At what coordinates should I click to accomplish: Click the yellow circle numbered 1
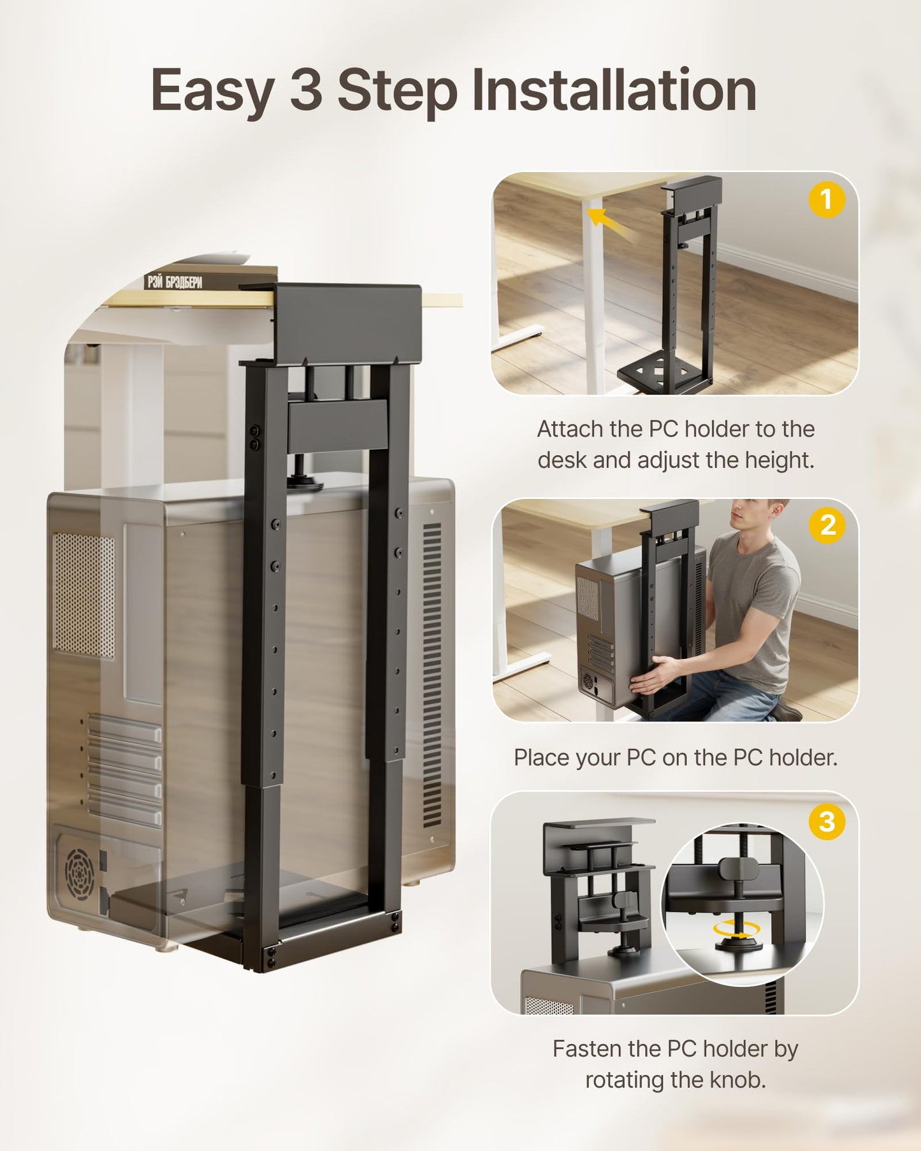[827, 199]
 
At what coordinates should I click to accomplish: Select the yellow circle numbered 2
[827, 525]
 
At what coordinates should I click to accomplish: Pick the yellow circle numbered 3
[827, 822]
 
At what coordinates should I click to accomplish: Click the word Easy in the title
[213, 91]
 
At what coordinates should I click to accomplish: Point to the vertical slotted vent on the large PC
[432, 676]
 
